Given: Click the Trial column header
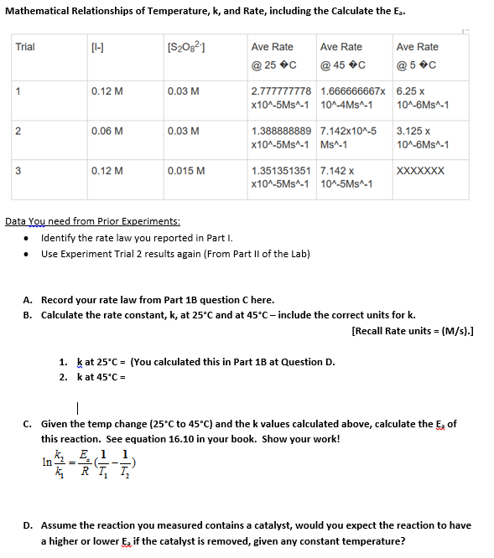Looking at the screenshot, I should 25,47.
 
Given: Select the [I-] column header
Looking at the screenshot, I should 98,47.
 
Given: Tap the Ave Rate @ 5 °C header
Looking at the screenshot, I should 417,55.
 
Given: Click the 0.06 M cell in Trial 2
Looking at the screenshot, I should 107,132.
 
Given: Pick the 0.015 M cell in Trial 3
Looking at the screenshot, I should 186,170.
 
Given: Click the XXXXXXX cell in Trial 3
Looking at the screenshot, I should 419,170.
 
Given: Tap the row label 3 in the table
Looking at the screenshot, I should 18,170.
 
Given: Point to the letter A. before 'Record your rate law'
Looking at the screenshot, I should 29,300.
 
